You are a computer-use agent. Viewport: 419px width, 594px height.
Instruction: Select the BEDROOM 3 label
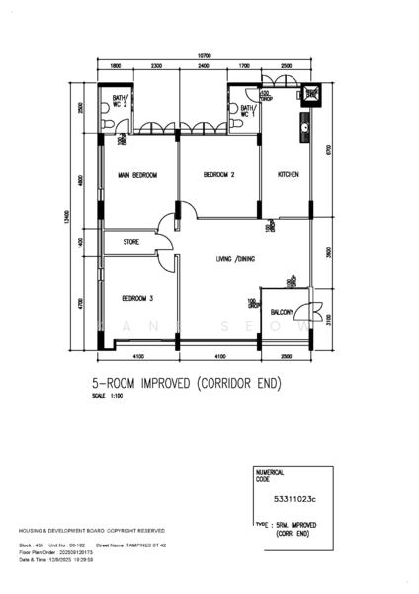137,298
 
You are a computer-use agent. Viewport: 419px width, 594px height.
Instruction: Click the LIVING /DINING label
235,260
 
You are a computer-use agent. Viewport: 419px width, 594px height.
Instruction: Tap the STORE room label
131,241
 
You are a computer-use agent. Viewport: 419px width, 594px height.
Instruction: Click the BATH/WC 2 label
119,102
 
